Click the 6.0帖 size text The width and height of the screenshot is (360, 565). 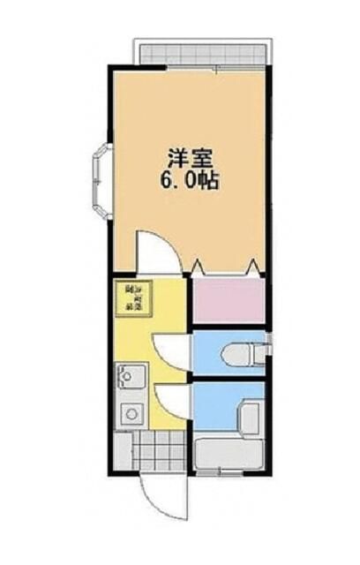[x=188, y=183]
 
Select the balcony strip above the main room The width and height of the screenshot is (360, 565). [x=200, y=51]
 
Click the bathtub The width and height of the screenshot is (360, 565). [x=229, y=455]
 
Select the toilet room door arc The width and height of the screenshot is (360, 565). [x=172, y=350]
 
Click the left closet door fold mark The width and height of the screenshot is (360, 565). [x=198, y=266]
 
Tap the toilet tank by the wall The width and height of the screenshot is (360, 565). [x=258, y=354]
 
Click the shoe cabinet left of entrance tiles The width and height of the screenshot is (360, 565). [x=124, y=452]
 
